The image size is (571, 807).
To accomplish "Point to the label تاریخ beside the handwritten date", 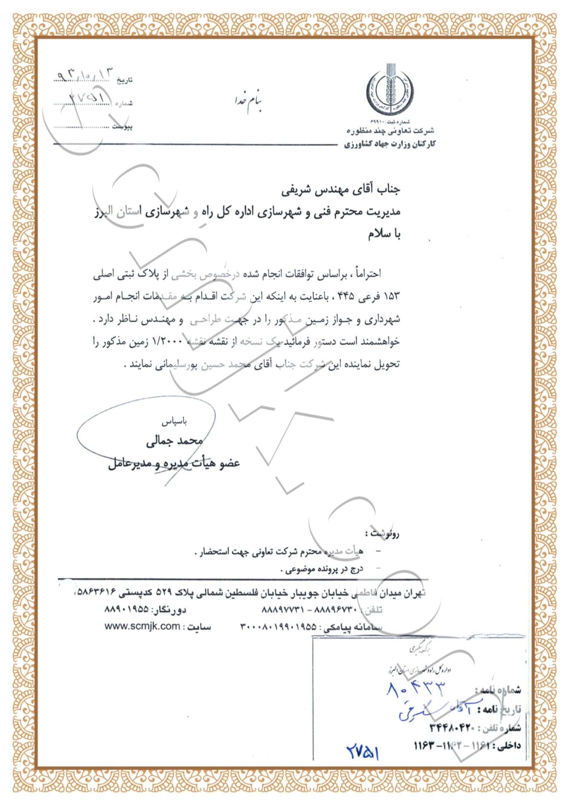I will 125,80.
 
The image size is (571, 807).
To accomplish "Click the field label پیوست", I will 122,127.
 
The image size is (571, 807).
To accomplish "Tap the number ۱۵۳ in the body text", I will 391,297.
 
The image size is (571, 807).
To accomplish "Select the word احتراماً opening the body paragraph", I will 368,274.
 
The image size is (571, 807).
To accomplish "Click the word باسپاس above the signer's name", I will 174,422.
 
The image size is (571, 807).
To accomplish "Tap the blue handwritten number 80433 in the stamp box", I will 416,689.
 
